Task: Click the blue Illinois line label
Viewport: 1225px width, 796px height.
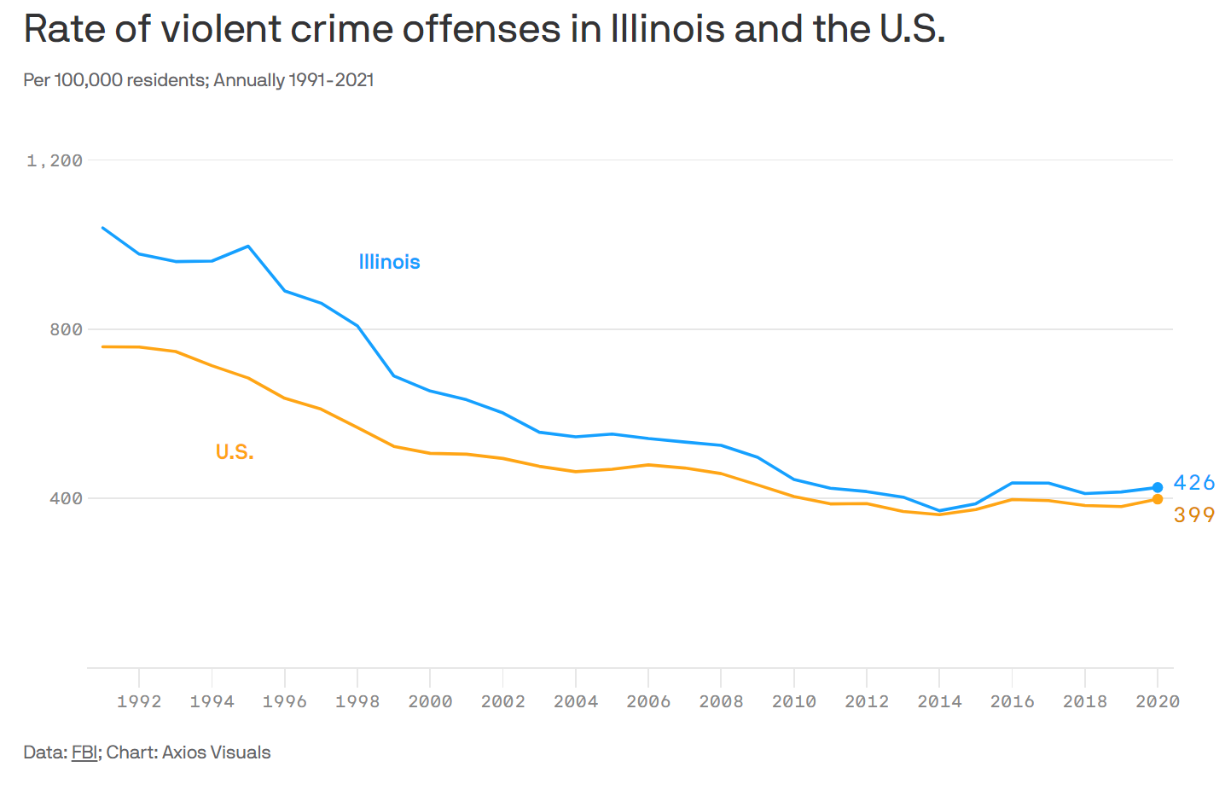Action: pos(389,262)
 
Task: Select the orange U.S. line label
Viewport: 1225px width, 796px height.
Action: pos(235,452)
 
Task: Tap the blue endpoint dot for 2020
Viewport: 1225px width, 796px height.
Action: pos(1158,487)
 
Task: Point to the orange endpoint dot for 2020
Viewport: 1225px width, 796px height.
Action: pos(1158,499)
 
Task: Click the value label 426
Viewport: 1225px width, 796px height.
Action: pos(1193,483)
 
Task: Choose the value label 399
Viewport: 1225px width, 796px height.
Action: pos(1193,515)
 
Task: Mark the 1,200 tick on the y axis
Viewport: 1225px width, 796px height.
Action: pos(55,160)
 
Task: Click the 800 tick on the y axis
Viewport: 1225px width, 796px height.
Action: pos(66,329)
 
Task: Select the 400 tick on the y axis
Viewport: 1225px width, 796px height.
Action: pos(66,498)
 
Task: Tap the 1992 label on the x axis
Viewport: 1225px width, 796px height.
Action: pos(139,701)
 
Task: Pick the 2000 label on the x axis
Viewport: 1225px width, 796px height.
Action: pos(430,701)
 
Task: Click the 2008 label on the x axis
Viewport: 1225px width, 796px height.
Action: pos(721,701)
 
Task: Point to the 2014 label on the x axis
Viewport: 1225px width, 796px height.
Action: pos(939,701)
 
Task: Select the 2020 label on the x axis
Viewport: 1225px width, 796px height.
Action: pos(1158,701)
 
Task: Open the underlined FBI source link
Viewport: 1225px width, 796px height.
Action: pos(84,752)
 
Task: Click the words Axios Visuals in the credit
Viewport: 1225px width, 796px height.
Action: pos(216,752)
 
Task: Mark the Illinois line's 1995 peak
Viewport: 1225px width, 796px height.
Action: pos(248,246)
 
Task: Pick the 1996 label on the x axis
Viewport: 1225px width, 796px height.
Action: pos(284,701)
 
